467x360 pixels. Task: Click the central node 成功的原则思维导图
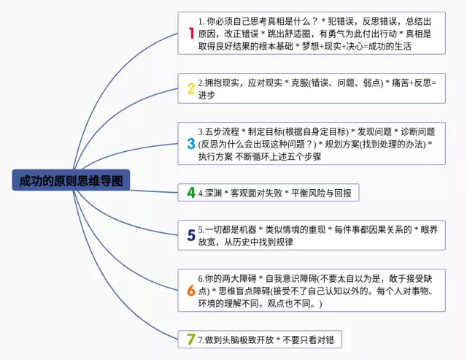pos(71,180)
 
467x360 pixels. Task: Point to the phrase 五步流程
pos(218,131)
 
